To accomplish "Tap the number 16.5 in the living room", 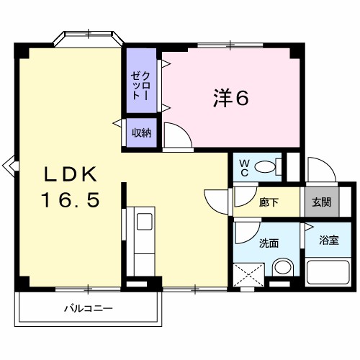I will coord(69,200).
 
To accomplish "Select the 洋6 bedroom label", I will coord(230,99).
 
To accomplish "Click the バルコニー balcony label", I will coord(88,308).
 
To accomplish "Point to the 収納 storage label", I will coord(141,133).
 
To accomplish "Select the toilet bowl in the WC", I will coord(266,168).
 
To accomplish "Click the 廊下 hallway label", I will coord(269,202).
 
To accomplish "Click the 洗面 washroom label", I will coord(269,243).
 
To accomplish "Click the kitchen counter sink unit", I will coord(141,238).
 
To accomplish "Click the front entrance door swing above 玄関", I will coord(319,170).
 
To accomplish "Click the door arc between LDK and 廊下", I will coord(216,198).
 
